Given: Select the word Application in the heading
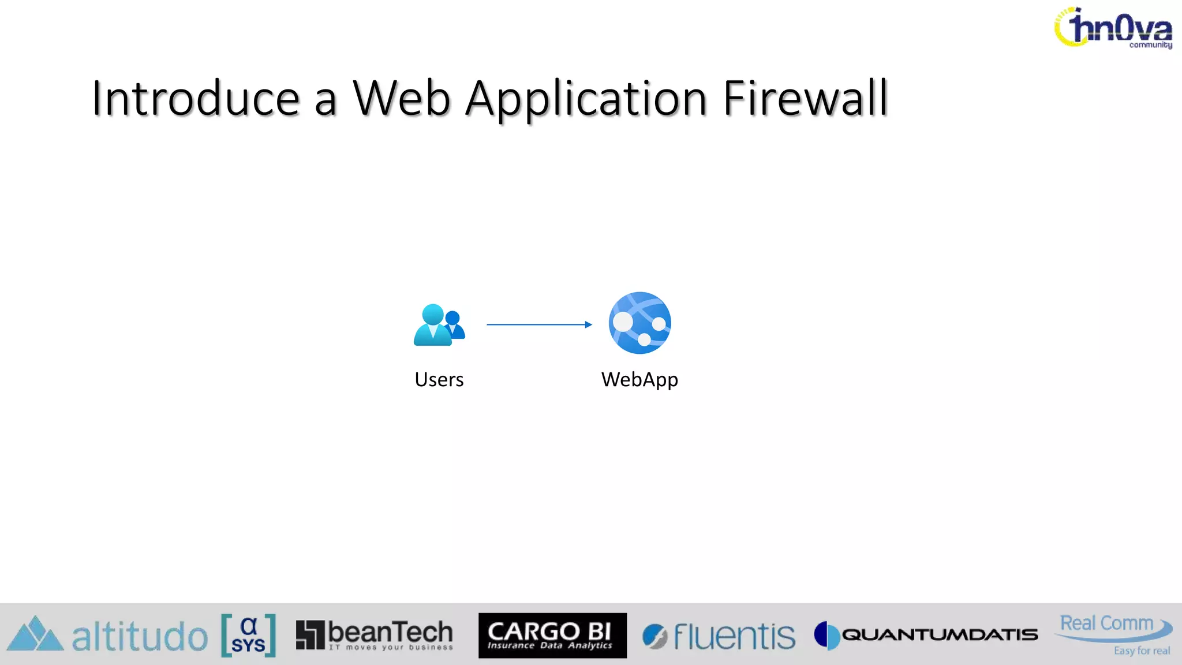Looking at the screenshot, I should coord(586,99).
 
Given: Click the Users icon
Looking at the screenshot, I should coord(439,325).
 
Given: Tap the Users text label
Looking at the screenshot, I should coord(439,380).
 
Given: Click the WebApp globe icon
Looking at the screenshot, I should coord(639,323).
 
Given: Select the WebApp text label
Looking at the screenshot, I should coord(639,380).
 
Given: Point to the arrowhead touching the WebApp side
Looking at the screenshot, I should coord(588,324).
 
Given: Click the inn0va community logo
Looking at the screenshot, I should coord(1113,28).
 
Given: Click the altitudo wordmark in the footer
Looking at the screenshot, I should coord(140,636).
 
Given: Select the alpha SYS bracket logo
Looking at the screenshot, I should coord(248,635).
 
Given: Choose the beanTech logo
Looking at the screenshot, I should coord(375,635).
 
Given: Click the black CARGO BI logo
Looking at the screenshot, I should coord(552,635).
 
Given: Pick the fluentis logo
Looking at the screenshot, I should coord(719,636).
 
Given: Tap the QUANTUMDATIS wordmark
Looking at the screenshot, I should coord(940,635).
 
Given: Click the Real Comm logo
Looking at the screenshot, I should coord(1112,627).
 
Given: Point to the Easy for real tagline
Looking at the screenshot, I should coord(1142,651).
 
